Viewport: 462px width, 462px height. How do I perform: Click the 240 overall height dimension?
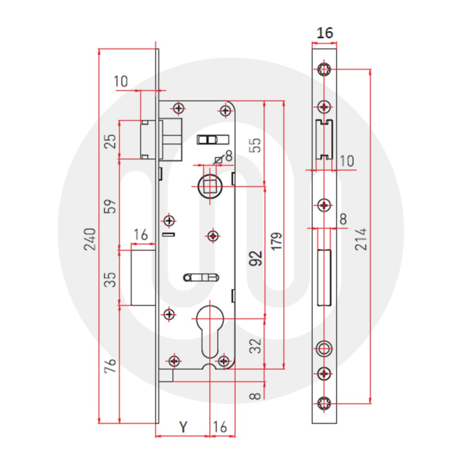(90, 239)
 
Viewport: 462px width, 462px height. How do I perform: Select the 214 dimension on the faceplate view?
(361, 239)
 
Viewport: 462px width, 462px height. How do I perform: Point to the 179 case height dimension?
(276, 241)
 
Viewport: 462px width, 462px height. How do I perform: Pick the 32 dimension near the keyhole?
(255, 346)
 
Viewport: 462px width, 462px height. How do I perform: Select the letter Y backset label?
(184, 427)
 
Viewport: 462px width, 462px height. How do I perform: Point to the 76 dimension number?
(110, 367)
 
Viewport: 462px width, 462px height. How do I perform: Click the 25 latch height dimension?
(110, 141)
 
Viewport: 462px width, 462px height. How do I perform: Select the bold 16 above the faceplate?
(324, 33)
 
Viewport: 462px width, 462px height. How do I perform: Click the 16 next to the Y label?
(220, 427)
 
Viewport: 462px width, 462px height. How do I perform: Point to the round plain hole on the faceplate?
(324, 348)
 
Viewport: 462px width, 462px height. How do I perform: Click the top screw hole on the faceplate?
(324, 69)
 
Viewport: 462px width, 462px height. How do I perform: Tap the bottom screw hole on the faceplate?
(324, 403)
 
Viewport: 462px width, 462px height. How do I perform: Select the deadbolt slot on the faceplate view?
(324, 277)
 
